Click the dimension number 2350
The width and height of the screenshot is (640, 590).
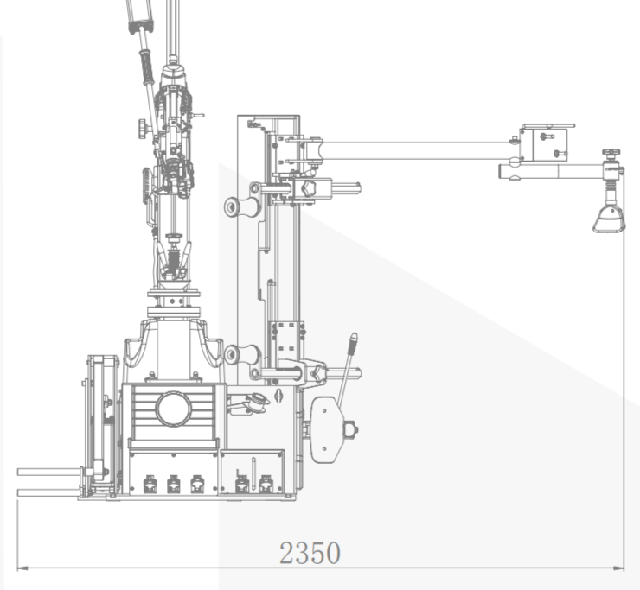(310, 553)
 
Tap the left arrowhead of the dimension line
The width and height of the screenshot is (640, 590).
(22, 568)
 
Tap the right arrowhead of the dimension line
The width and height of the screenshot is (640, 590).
(618, 568)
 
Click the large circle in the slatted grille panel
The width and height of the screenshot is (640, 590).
(174, 409)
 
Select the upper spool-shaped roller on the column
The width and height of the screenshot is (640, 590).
(242, 206)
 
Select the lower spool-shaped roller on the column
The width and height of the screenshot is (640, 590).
(242, 355)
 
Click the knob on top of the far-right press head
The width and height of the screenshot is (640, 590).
(611, 154)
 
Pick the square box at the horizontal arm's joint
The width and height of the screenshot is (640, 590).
(544, 145)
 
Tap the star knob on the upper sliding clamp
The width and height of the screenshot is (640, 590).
(308, 188)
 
